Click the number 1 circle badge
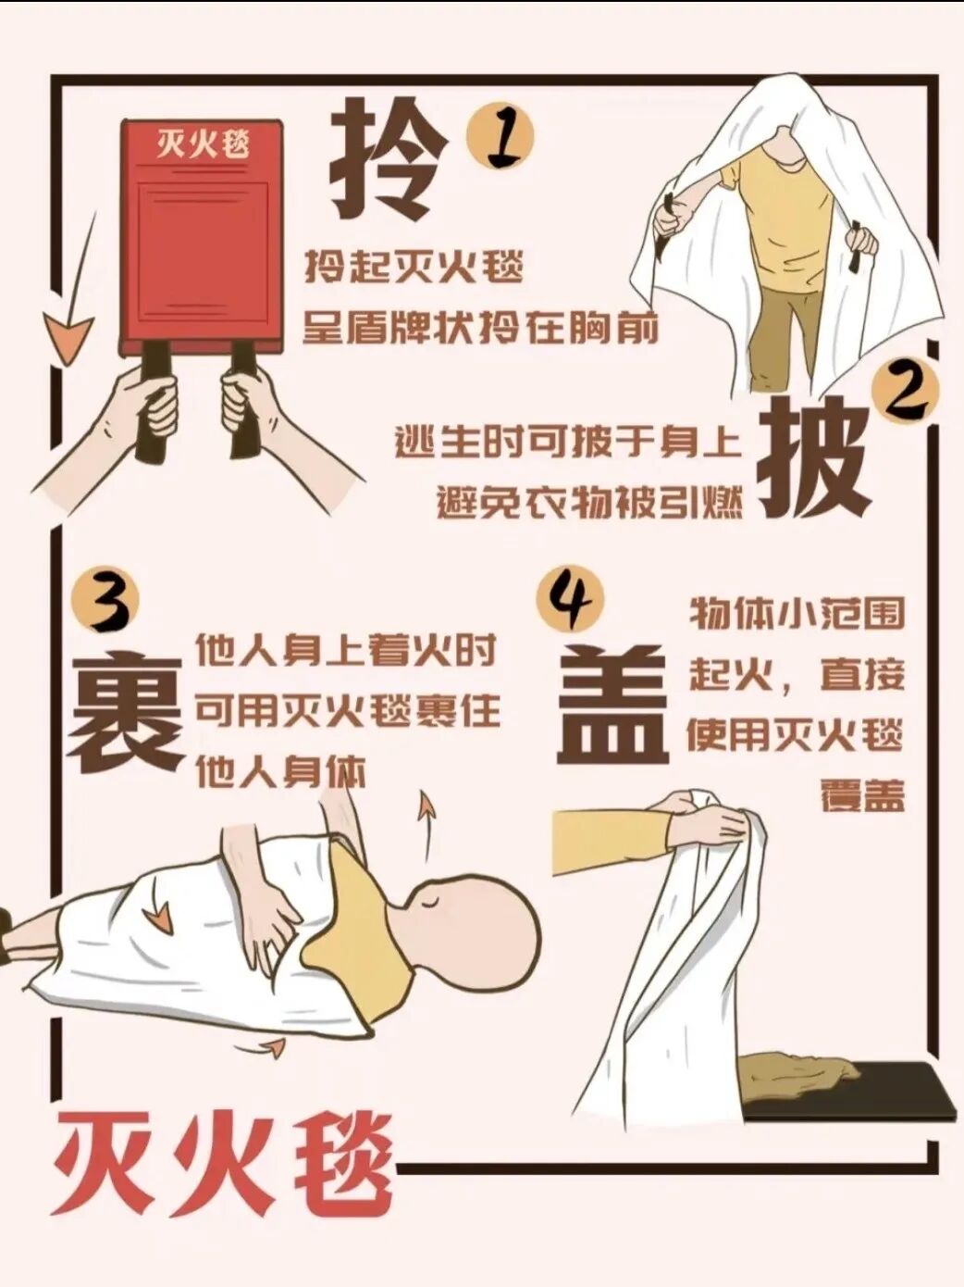[500, 138]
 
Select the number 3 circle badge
[105, 606]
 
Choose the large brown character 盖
[612, 705]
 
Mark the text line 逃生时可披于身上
[567, 442]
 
